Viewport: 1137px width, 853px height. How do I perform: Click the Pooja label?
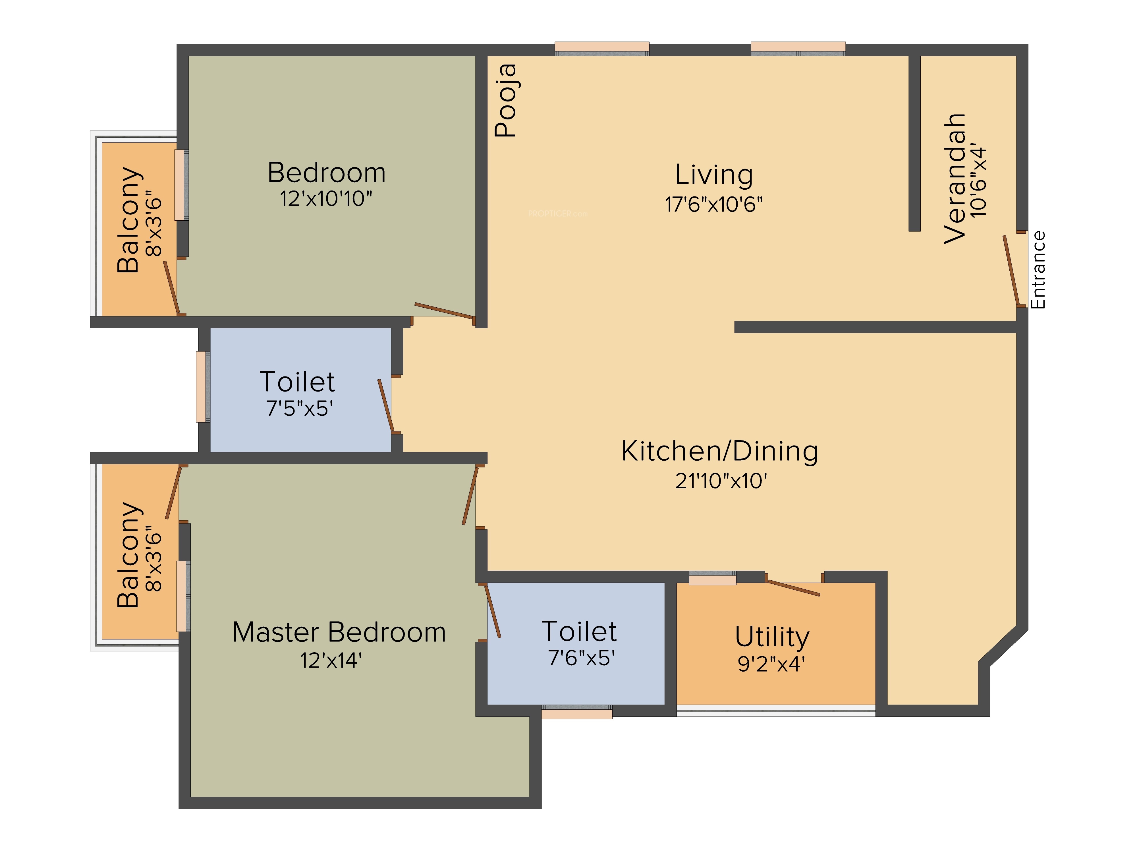pyautogui.click(x=505, y=100)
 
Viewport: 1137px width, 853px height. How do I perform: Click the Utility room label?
pyautogui.click(x=772, y=637)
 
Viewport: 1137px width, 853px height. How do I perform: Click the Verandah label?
pyautogui.click(x=955, y=178)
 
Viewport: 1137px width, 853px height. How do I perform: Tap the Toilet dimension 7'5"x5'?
pyautogui.click(x=300, y=408)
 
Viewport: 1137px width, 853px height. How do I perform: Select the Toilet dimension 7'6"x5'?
pyautogui.click(x=581, y=658)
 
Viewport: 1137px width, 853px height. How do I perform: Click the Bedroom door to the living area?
pyautogui.click(x=444, y=310)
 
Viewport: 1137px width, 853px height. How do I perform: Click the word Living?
pyautogui.click(x=714, y=175)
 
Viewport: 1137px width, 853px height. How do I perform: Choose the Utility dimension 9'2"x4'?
pyautogui.click(x=771, y=664)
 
